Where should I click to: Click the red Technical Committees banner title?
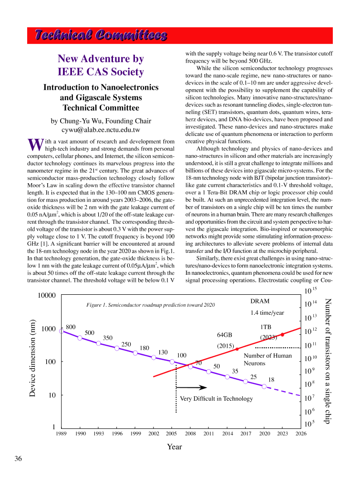101,36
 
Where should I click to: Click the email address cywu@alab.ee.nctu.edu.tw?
101,130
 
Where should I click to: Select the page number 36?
18,459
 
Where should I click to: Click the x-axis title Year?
174,447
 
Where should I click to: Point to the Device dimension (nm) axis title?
32,358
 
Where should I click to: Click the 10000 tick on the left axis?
47,296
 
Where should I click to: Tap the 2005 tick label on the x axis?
172,433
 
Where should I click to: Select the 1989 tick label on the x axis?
61,433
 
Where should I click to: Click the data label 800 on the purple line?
71,326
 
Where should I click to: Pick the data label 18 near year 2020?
272,380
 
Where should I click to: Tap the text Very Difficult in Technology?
216,399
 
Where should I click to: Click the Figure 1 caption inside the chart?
151,305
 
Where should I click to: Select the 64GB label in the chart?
225,335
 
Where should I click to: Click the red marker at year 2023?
283,335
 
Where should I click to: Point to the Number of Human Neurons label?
267,359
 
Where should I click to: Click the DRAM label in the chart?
260,301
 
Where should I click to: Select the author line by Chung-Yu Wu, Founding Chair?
101,121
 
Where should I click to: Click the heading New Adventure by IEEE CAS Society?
101,65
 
